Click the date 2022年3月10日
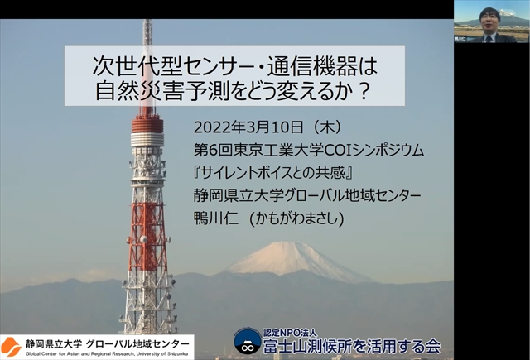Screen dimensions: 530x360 248,127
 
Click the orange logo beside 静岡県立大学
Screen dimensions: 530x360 11,347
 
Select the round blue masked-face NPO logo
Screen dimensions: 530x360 248,342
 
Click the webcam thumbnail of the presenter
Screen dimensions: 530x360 492,22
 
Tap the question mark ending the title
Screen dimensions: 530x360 364,91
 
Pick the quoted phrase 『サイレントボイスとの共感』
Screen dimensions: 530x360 274,173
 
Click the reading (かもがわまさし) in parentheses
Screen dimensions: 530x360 296,218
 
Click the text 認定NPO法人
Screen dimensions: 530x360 291,333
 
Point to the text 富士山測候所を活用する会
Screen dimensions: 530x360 352,346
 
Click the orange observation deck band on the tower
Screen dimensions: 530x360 147,124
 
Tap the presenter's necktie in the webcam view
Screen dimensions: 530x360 489,38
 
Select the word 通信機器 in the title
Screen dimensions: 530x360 312,66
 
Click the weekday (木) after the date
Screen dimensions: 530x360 326,127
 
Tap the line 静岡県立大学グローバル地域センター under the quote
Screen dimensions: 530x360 307,195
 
